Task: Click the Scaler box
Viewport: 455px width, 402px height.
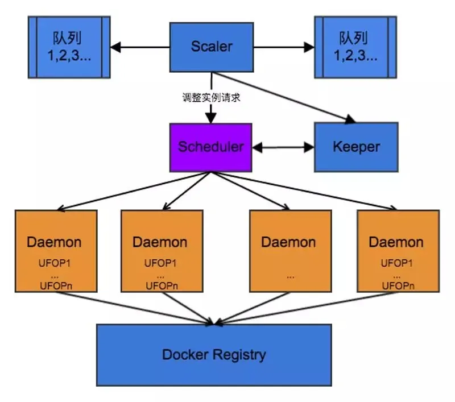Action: point(212,47)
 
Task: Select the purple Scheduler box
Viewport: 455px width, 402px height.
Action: point(210,147)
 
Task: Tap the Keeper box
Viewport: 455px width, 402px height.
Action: point(356,147)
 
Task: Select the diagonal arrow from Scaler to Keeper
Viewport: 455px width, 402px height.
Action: point(284,97)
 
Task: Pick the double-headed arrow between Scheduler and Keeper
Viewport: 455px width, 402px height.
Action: point(283,147)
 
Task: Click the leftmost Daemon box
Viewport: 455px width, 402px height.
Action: point(56,251)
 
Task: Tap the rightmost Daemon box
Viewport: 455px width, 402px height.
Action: point(398,251)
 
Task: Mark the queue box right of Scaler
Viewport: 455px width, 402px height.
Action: point(355,47)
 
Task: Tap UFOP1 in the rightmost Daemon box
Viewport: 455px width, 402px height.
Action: point(396,263)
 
